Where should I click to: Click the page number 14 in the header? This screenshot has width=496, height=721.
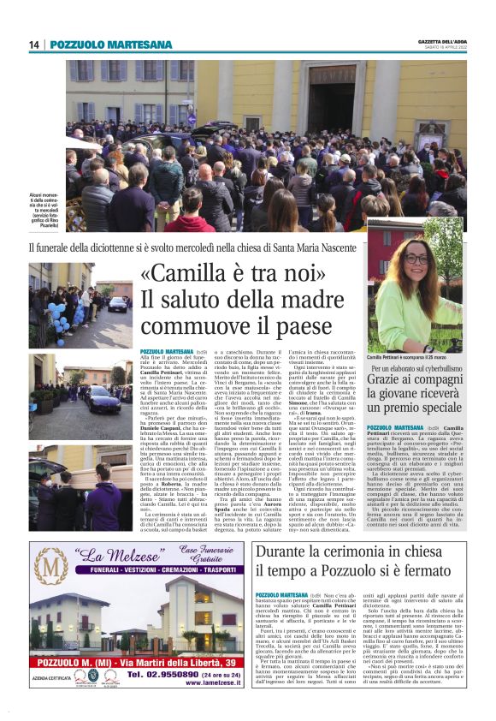35,45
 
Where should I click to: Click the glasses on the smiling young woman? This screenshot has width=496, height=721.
416,259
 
